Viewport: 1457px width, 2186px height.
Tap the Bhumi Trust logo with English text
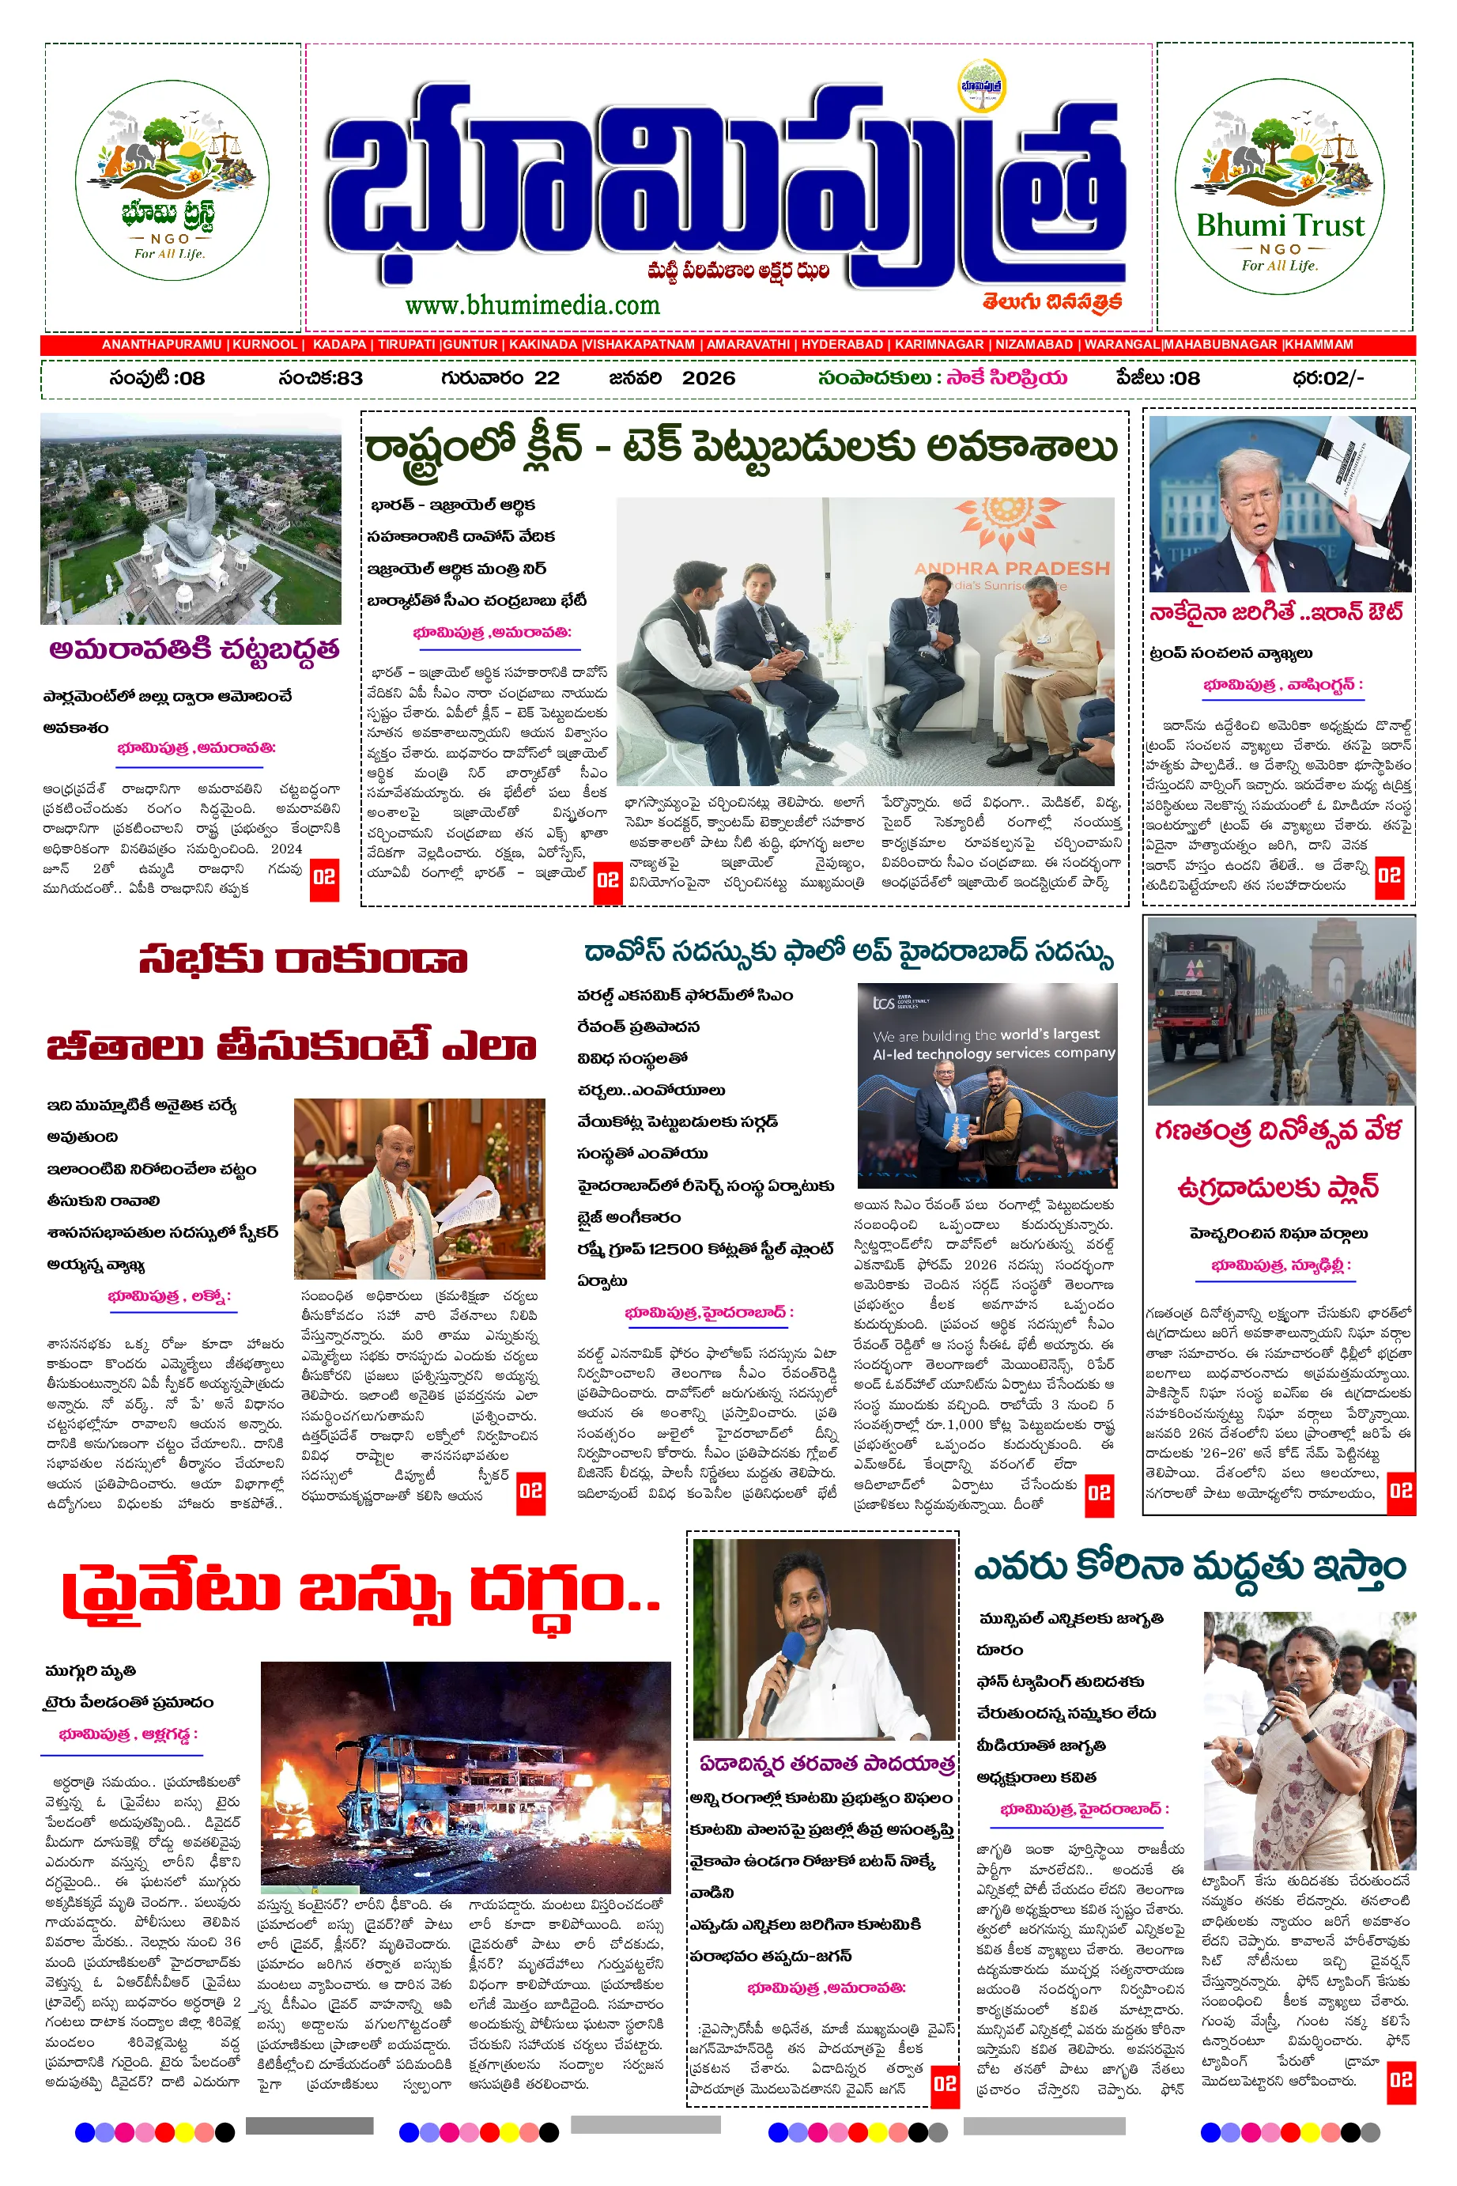pyautogui.click(x=1280, y=187)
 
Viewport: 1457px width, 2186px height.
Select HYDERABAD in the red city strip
pyautogui.click(x=842, y=345)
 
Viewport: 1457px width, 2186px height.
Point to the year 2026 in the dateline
pyautogui.click(x=708, y=378)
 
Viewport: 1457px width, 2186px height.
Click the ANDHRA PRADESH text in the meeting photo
pyautogui.click(x=1012, y=568)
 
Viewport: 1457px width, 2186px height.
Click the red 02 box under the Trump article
pyautogui.click(x=1388, y=876)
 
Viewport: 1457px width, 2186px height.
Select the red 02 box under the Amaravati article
pyautogui.click(x=323, y=877)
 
